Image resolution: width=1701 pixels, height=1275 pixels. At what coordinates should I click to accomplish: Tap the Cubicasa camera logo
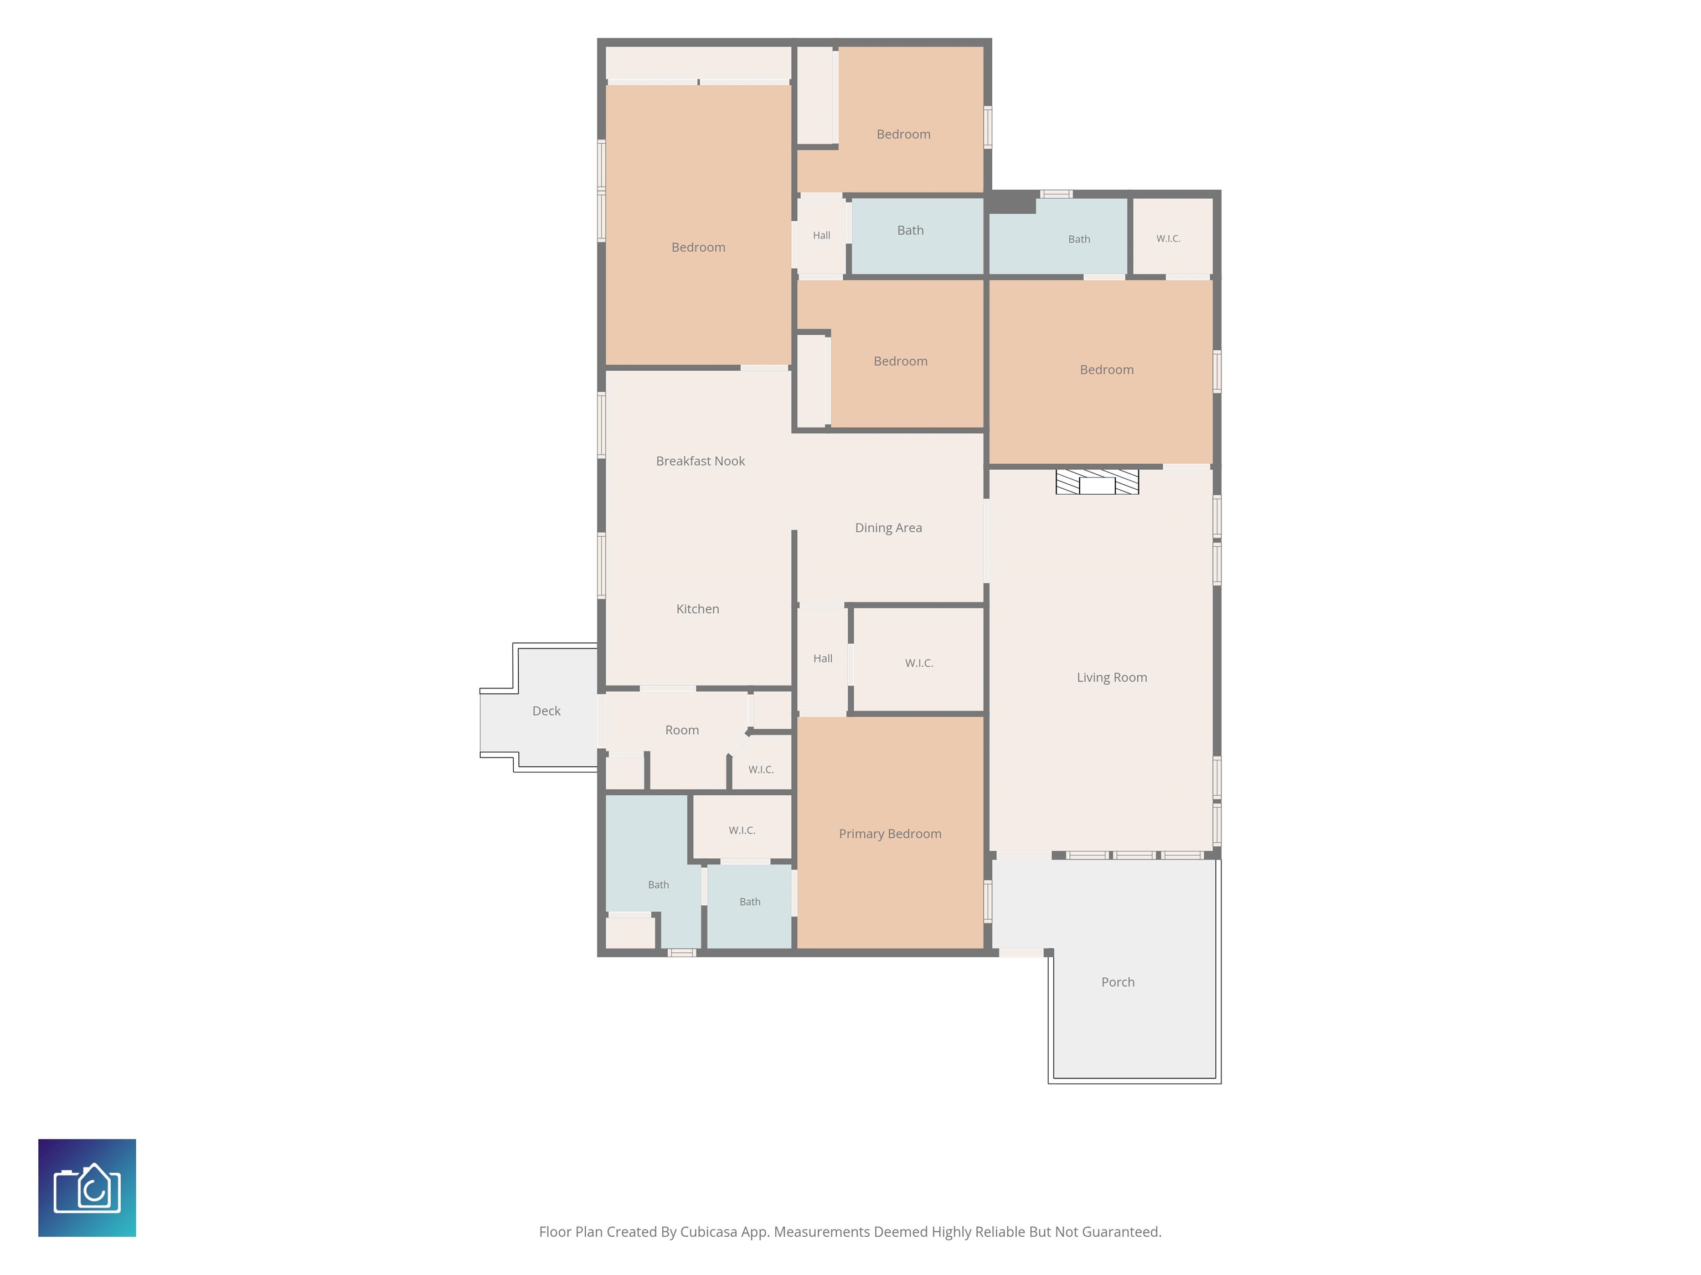point(87,1188)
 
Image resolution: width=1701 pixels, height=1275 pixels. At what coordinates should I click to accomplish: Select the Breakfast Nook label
point(700,461)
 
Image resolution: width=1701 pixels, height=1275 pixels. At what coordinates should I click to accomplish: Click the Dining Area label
point(888,528)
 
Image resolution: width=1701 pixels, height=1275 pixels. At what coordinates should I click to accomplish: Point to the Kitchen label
point(698,609)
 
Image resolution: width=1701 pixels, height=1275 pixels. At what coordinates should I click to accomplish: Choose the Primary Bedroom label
point(890,834)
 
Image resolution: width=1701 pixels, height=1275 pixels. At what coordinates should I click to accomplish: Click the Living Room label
point(1111,677)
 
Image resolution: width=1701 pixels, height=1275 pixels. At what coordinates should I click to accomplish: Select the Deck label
point(546,711)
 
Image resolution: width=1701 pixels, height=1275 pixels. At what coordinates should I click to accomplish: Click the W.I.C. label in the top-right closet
point(1168,239)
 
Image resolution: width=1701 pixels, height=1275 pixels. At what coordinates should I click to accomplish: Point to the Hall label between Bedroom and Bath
point(821,235)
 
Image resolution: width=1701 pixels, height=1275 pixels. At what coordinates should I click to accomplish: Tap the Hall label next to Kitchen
point(823,658)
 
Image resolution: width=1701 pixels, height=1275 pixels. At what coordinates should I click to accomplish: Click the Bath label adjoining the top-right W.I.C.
point(1079,239)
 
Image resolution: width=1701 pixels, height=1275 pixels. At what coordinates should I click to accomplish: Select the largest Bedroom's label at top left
point(698,247)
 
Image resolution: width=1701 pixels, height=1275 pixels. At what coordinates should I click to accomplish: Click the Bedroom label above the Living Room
point(1106,370)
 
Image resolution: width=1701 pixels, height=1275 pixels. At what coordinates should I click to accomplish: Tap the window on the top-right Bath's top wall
point(1056,194)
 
